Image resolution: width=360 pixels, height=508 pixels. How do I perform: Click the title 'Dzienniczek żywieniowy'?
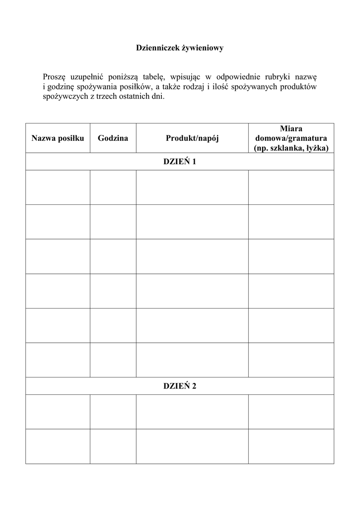click(180, 48)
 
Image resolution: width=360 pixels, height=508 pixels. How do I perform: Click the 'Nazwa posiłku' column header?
click(58, 138)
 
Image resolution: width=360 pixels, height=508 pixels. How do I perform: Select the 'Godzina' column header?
click(113, 138)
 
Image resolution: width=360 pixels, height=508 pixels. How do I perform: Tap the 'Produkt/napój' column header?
click(192, 138)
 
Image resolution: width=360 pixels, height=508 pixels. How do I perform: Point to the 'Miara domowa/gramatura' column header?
click(291, 138)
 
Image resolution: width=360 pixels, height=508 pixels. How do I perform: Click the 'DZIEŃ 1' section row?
click(180, 162)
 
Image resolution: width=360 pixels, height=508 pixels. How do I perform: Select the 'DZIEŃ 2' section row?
click(180, 386)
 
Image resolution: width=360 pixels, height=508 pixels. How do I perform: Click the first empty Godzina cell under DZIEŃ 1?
click(113, 187)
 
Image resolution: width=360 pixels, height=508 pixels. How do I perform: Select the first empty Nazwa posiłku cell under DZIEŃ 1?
click(58, 187)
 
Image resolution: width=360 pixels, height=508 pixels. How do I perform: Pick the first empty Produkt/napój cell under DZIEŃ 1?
click(192, 187)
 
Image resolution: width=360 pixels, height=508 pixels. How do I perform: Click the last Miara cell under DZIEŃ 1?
click(291, 360)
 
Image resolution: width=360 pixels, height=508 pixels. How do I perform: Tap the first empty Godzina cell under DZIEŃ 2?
click(113, 411)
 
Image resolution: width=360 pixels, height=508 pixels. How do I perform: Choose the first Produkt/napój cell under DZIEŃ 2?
click(192, 411)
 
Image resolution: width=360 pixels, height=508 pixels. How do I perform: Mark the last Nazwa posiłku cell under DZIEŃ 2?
click(58, 446)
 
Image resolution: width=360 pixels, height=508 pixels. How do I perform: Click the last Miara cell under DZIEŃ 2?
click(291, 446)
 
